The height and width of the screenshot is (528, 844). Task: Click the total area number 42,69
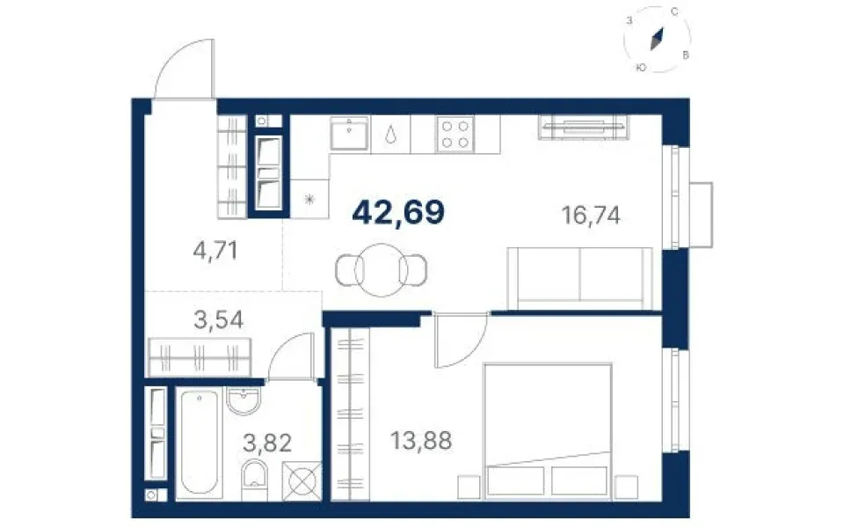(x=398, y=212)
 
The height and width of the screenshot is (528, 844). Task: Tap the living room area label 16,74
(x=591, y=216)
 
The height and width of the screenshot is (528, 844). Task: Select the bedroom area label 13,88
(x=421, y=441)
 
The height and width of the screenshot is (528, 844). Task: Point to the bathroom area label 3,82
(x=267, y=444)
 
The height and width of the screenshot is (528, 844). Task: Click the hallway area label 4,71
(x=215, y=251)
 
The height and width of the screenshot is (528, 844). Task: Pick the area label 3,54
(x=219, y=319)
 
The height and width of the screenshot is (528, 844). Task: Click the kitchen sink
(x=349, y=133)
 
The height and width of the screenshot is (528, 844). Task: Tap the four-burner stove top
(x=455, y=134)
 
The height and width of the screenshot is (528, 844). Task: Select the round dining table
(x=381, y=270)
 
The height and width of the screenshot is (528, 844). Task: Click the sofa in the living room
(x=579, y=279)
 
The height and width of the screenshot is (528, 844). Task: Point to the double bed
(x=548, y=431)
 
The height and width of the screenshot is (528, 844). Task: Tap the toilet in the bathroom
(x=255, y=480)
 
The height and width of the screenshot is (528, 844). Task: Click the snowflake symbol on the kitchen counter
(x=309, y=200)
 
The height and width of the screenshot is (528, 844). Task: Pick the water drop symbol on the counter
(x=390, y=134)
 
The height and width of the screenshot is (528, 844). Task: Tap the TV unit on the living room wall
(x=584, y=127)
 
